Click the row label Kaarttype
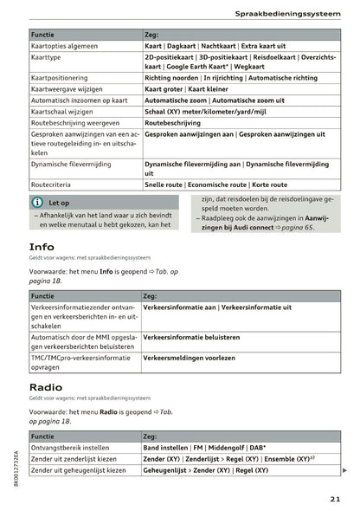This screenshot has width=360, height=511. (x=48, y=57)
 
